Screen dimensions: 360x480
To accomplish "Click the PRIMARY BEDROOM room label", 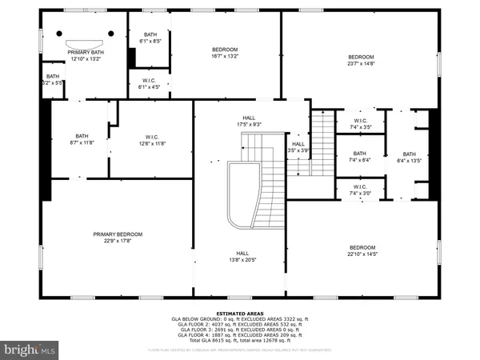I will [x=117, y=234].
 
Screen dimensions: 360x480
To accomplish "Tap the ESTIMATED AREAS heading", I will [x=240, y=313].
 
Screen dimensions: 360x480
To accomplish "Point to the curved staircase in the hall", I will [x=244, y=192].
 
